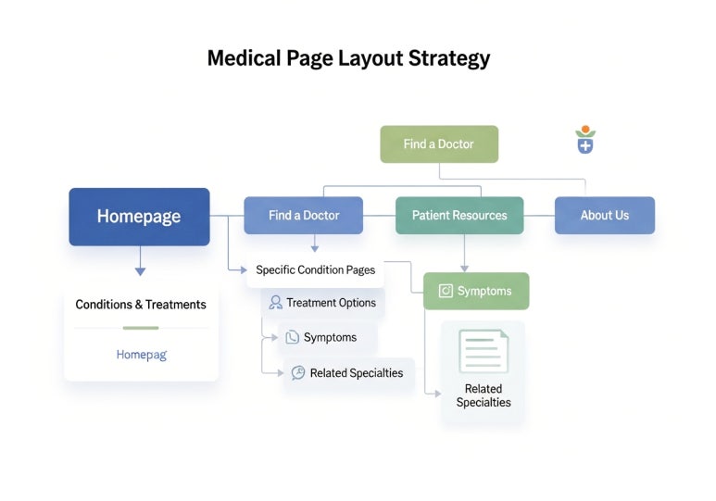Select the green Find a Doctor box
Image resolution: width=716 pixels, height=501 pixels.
click(x=439, y=144)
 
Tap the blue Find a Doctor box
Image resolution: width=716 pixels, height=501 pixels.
click(x=304, y=215)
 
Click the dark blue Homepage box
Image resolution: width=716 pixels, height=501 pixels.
click(x=139, y=217)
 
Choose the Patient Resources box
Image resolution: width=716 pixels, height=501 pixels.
click(x=459, y=215)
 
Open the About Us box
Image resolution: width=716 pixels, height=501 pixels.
click(x=604, y=215)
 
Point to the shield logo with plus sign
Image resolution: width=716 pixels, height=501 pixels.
click(x=584, y=141)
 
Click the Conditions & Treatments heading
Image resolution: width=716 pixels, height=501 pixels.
click(x=141, y=304)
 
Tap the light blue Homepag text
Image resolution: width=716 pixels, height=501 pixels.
click(x=142, y=354)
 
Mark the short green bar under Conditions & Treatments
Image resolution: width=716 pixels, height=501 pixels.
click(x=141, y=327)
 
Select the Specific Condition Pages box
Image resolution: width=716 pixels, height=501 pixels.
click(x=316, y=269)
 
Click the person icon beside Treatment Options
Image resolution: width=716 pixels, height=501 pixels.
click(x=275, y=303)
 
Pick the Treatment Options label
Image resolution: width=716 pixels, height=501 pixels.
click(x=331, y=303)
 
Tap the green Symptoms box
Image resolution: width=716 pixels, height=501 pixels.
click(x=476, y=291)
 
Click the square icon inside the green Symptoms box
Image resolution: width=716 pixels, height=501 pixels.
click(x=446, y=291)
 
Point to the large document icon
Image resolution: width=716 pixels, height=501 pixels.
click(x=484, y=351)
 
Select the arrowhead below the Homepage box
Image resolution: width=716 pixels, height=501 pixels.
click(x=140, y=270)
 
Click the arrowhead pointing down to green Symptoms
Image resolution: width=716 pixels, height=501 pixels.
click(x=465, y=268)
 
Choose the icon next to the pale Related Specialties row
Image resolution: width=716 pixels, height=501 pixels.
click(x=297, y=372)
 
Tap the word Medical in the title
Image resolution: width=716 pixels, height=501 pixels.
click(x=243, y=58)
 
